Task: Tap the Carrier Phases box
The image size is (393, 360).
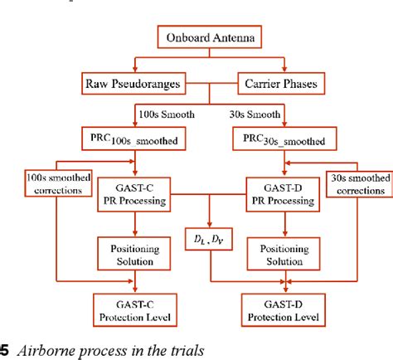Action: point(284,84)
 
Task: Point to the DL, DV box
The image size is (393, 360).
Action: point(205,242)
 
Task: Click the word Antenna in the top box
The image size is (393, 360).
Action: point(241,37)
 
